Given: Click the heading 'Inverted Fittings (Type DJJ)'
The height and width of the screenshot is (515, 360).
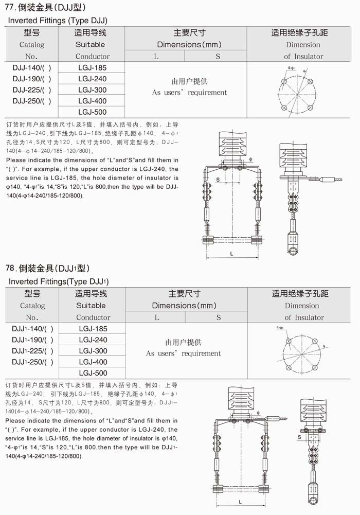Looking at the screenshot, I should pyautogui.click(x=58, y=21).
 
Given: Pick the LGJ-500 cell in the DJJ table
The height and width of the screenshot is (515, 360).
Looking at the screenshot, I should pyautogui.click(x=93, y=112).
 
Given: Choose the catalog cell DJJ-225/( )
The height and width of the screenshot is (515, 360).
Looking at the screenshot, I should pyautogui.click(x=32, y=90).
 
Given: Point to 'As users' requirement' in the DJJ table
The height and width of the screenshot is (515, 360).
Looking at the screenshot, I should pyautogui.click(x=189, y=93).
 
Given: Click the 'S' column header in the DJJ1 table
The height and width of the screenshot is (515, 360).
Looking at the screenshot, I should pyautogui.click(x=218, y=317).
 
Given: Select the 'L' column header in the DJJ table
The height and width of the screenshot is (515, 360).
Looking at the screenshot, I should pyautogui.click(x=156, y=57).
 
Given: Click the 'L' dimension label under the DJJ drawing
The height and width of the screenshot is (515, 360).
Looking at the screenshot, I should pyautogui.click(x=231, y=254).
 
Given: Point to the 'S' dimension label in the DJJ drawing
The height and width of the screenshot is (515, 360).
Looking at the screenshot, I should pyautogui.click(x=218, y=180).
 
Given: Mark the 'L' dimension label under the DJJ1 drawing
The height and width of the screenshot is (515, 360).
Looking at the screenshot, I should pyautogui.click(x=241, y=501).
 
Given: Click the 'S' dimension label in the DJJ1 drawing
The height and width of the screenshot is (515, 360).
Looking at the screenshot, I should pyautogui.click(x=299, y=437).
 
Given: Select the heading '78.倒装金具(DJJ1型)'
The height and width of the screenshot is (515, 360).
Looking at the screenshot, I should pyautogui.click(x=47, y=268).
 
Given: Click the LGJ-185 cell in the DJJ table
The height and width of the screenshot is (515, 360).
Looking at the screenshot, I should pyautogui.click(x=93, y=68).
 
